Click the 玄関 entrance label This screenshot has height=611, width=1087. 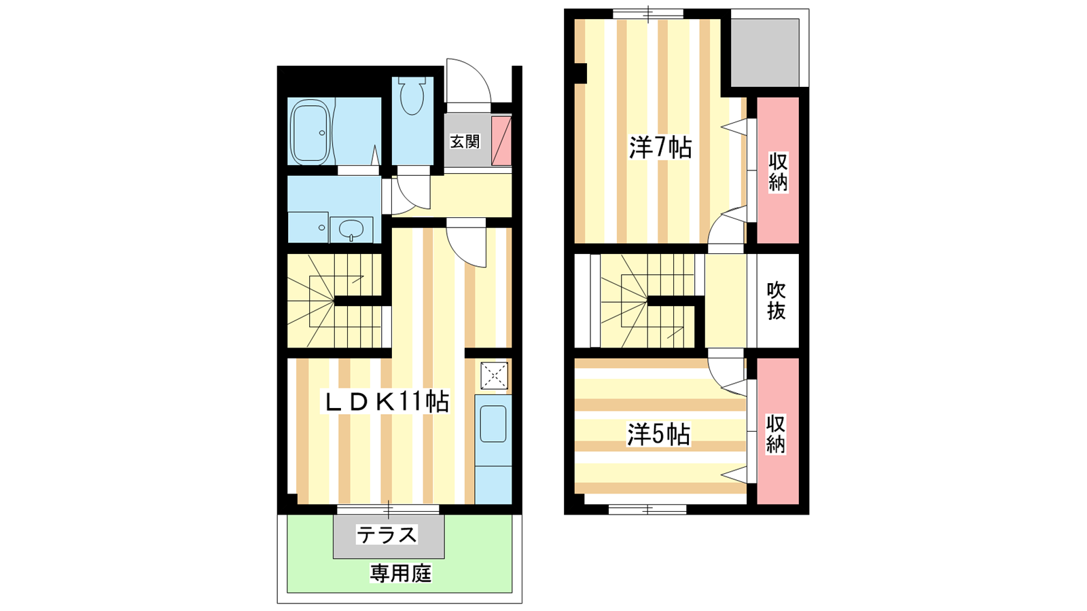465,142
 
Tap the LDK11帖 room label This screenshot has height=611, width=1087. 387,401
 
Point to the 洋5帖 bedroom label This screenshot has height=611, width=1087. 658,434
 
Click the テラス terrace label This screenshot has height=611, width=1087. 387,535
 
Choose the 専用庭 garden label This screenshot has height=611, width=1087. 400,574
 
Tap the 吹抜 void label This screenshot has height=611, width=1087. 776,301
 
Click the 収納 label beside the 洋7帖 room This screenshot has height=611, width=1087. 778,172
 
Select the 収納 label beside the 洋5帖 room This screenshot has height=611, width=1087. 775,434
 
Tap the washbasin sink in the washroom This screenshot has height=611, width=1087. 351,229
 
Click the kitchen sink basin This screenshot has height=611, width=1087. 493,424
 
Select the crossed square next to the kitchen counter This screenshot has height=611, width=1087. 494,376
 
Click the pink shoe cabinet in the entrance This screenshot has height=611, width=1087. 501,141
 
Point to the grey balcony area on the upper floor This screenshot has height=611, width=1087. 765,52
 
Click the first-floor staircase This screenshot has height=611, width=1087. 334,301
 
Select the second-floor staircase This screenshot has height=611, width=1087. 648,301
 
